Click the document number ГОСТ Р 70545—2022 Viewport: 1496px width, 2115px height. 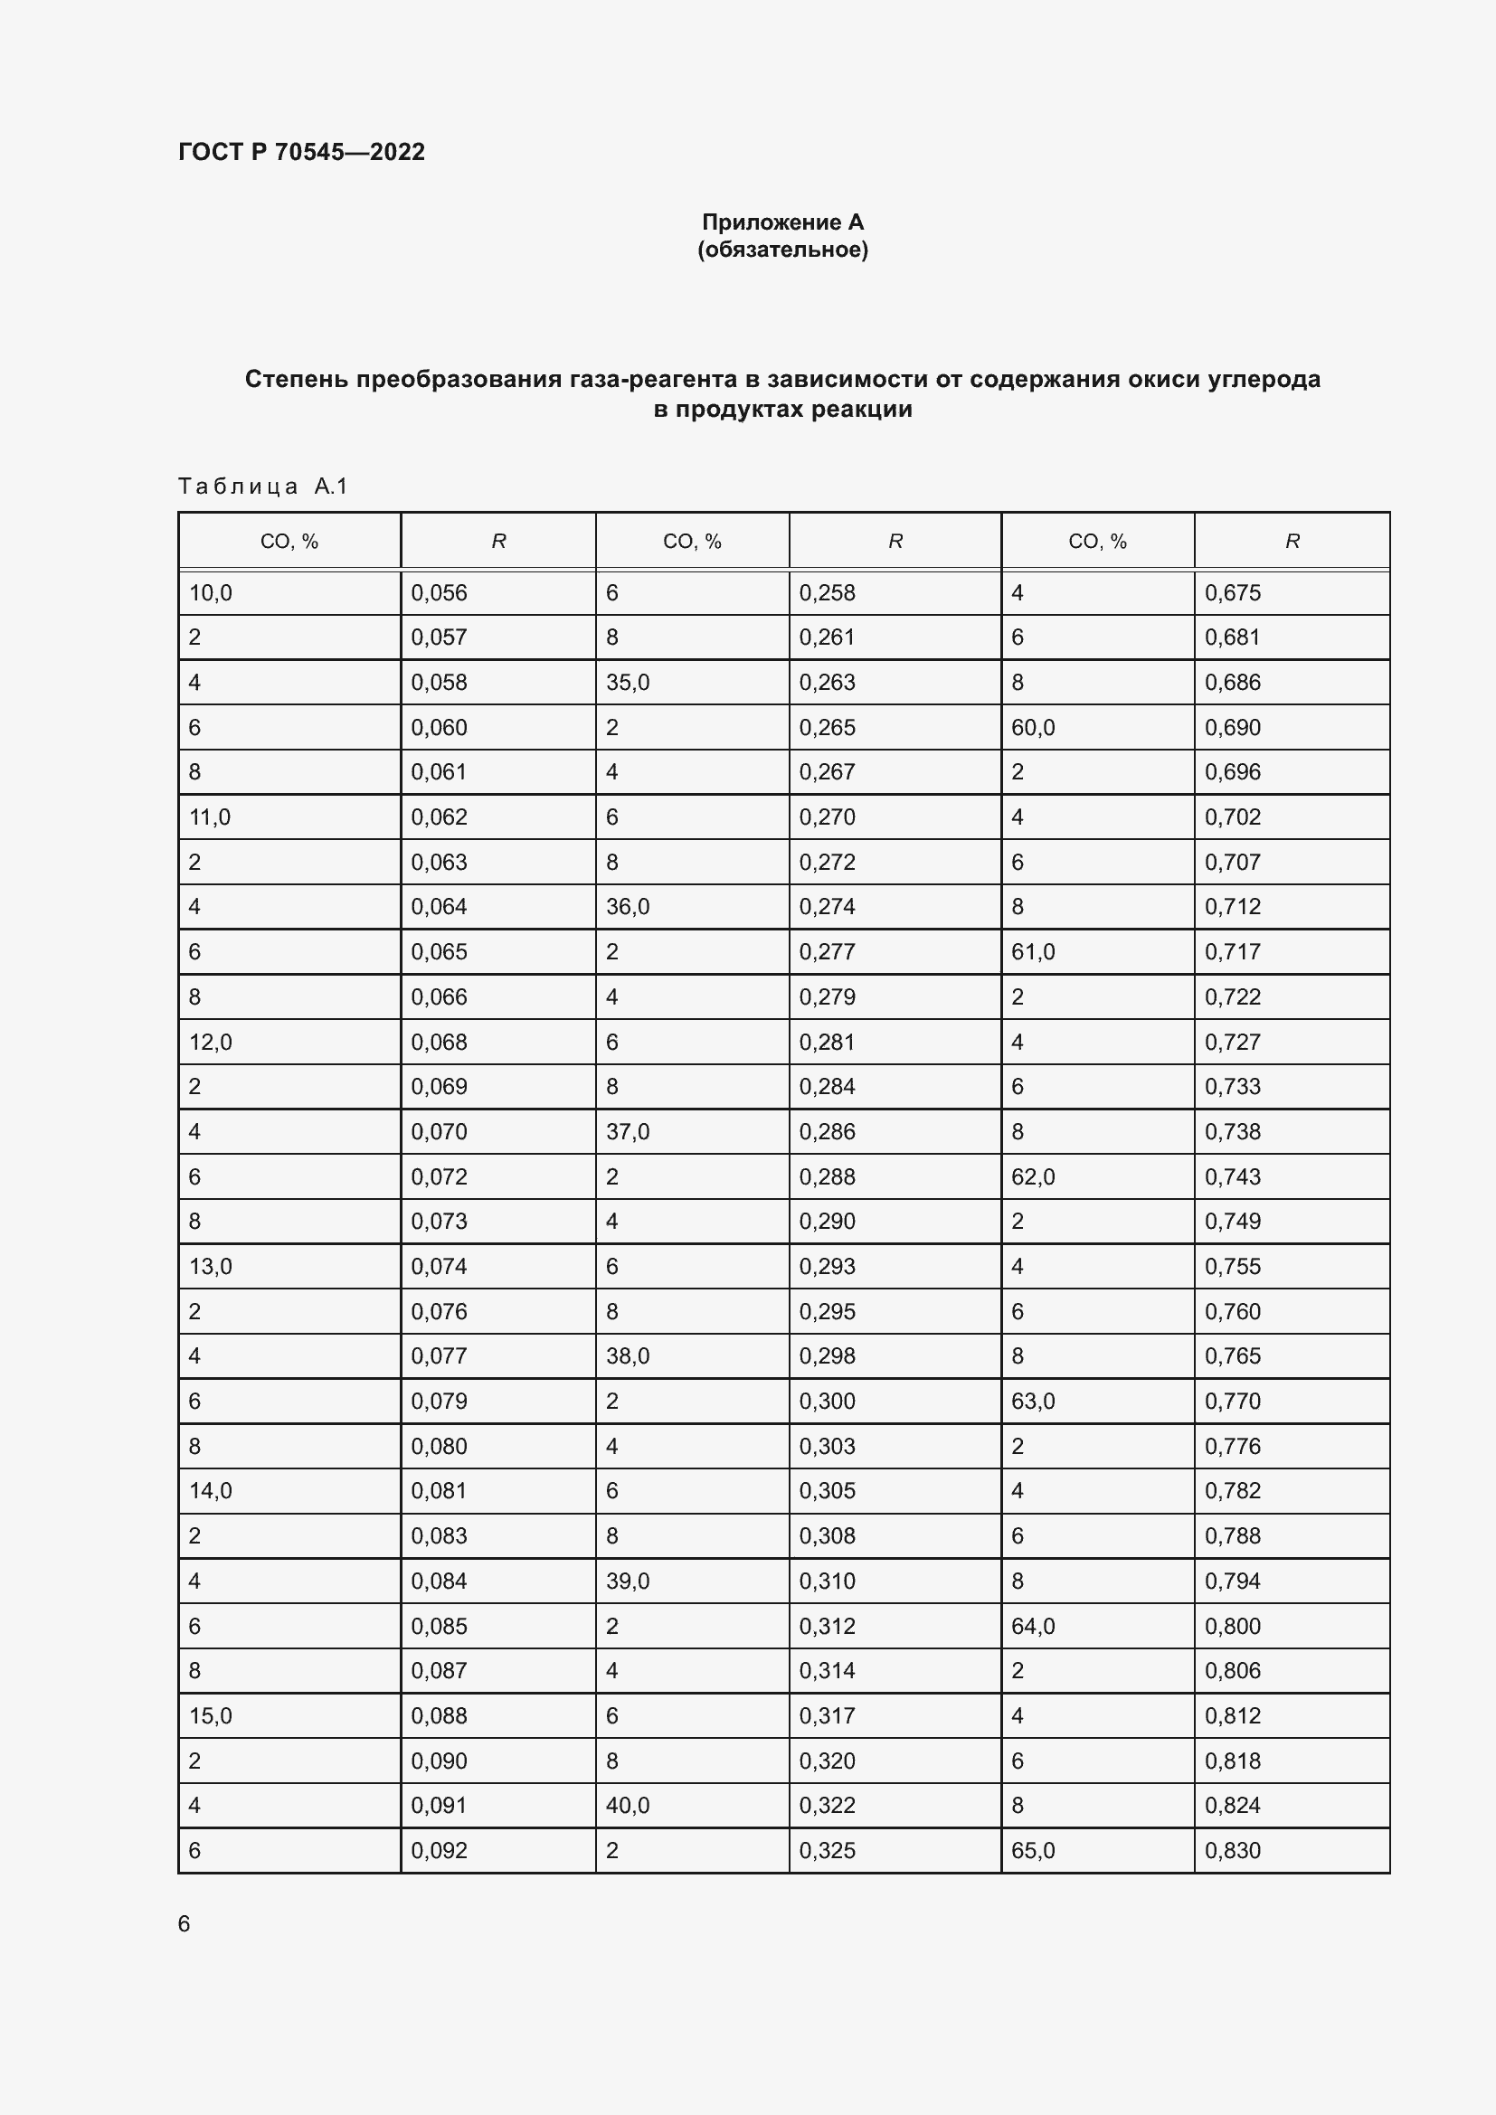point(301,152)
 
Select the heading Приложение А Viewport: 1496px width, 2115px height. point(782,222)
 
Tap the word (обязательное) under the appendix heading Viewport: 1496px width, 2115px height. point(782,250)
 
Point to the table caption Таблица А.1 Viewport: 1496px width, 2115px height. point(262,486)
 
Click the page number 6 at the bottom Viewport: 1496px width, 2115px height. point(185,1923)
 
